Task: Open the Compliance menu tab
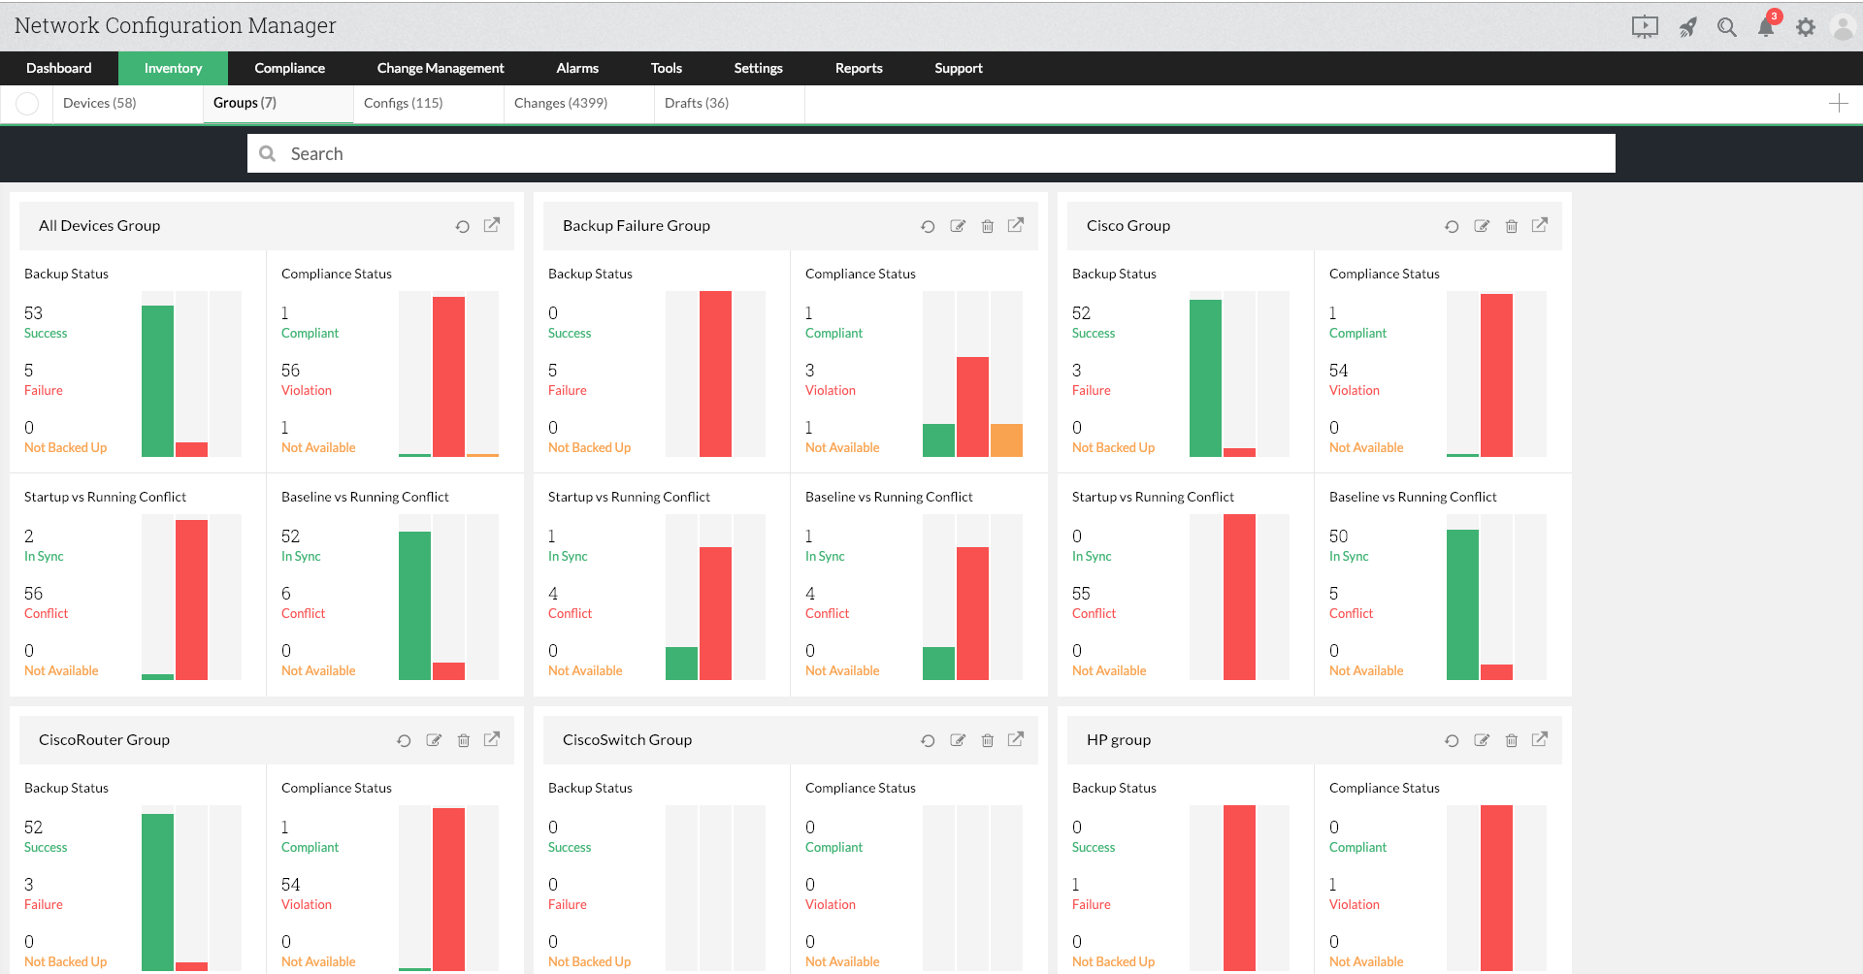point(289,68)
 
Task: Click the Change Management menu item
point(441,68)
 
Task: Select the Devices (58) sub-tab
point(99,103)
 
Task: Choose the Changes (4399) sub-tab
point(561,103)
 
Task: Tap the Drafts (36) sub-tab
point(697,103)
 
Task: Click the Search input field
point(931,153)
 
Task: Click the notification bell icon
point(1766,27)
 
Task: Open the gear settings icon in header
point(1805,27)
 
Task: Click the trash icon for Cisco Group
point(1511,226)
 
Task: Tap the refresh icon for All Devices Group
point(463,226)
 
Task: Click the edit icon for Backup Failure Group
point(958,226)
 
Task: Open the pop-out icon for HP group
point(1540,739)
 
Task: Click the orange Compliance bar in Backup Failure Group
point(1006,440)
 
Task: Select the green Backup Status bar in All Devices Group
point(157,381)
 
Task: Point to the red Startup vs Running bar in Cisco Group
point(1239,597)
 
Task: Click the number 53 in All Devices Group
point(34,313)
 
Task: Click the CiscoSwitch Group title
point(627,739)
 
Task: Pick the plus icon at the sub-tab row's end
point(1839,104)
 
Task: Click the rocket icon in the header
point(1688,27)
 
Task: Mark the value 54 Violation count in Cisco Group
point(1339,371)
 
